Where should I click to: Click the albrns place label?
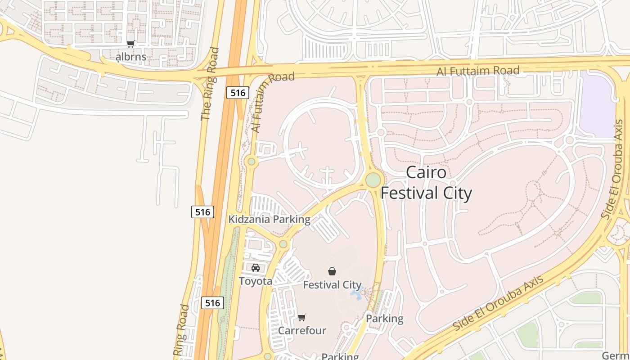(x=131, y=57)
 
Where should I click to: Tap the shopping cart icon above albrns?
(x=130, y=44)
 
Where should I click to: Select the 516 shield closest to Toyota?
(x=212, y=303)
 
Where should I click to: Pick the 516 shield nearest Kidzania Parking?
(x=202, y=211)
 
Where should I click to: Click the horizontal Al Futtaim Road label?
(x=478, y=71)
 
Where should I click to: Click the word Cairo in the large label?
(x=426, y=173)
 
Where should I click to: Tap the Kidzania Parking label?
(x=269, y=220)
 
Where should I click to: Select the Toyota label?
(x=255, y=281)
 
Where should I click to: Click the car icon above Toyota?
(x=256, y=268)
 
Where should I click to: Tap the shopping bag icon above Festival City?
(x=332, y=271)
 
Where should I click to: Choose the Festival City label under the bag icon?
(x=332, y=285)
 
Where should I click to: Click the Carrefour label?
(x=302, y=331)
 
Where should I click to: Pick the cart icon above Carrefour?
(x=302, y=317)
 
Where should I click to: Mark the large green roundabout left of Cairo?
(x=373, y=180)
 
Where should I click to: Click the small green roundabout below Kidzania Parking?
(x=283, y=244)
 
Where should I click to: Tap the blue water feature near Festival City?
(x=356, y=294)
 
